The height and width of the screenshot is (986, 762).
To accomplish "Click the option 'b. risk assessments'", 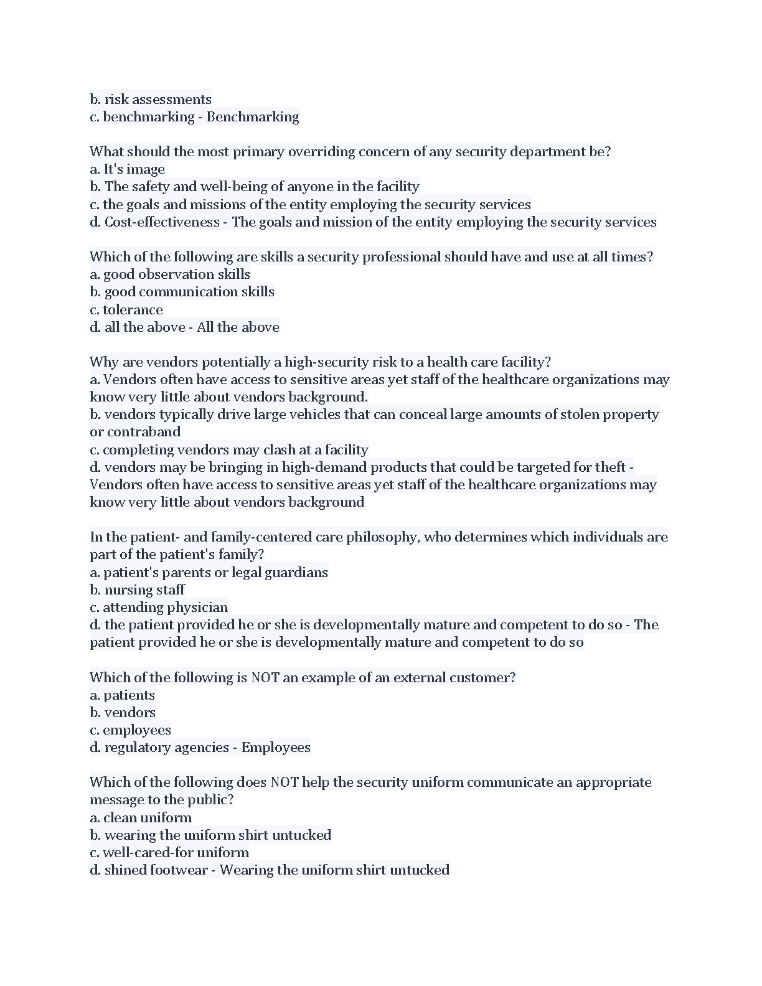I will (151, 100).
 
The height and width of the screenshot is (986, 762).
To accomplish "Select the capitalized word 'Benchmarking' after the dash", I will (253, 117).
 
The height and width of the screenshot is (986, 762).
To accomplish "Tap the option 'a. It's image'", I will (128, 169).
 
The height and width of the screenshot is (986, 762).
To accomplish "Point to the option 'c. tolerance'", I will (126, 310).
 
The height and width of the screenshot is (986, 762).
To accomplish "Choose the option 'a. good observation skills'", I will (170, 275).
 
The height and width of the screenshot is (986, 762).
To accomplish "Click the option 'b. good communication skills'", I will (182, 292).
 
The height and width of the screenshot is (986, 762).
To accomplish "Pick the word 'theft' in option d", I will (610, 467).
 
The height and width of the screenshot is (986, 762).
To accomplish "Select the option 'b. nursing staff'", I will (137, 590).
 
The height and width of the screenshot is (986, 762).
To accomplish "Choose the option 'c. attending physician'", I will (159, 608).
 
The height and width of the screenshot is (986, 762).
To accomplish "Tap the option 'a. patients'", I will (122, 695).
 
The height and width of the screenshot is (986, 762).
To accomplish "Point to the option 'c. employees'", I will (130, 730).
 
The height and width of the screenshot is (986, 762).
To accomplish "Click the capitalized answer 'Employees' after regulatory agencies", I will (276, 748).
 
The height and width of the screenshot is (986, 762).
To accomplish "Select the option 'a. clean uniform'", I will (141, 818).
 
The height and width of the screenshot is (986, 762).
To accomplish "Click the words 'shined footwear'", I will (156, 870).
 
